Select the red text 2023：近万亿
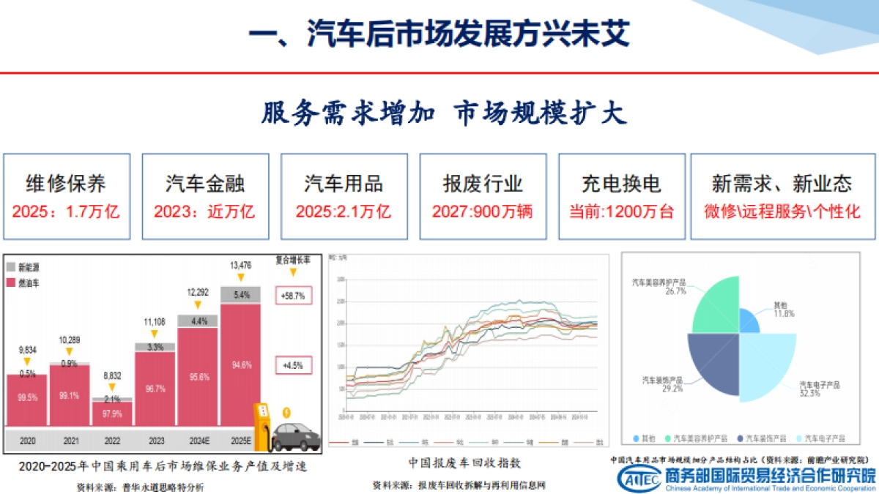pos(204,212)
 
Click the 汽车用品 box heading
pos(343,183)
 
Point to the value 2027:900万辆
pos(481,212)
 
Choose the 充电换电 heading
pos(621,183)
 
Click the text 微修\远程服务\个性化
pos(782,212)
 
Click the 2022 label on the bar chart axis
pos(112,441)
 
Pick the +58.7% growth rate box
pos(293,296)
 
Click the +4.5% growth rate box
pos(293,364)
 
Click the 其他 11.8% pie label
pos(783,309)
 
